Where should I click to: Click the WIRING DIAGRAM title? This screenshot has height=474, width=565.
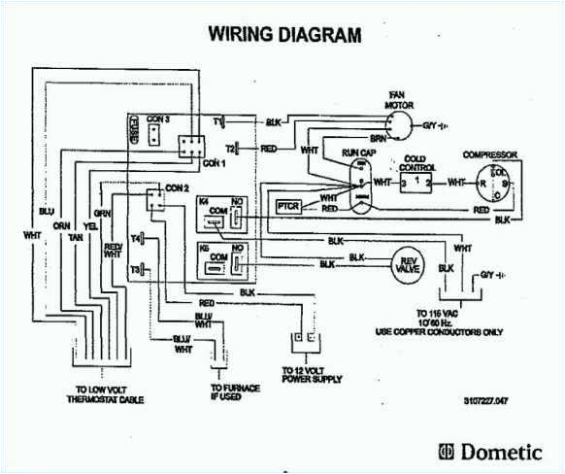[x=285, y=35]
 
